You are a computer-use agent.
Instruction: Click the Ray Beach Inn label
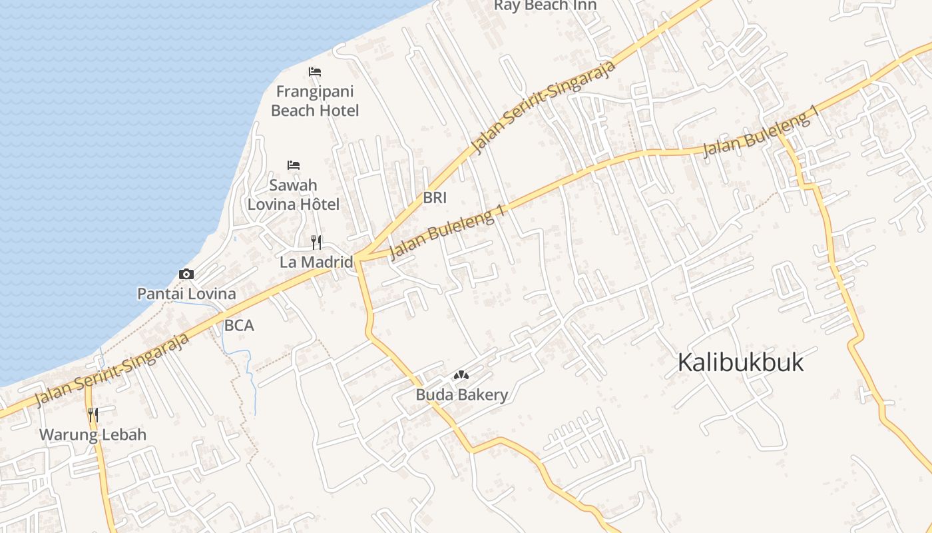[x=545, y=5]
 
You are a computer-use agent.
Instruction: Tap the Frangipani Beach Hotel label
[x=315, y=101]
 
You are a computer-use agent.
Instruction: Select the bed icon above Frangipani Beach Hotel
[x=315, y=71]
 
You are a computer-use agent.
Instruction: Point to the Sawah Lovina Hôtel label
[x=294, y=195]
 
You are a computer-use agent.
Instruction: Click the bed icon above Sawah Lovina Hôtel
[x=294, y=165]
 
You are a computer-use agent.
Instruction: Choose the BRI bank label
[x=435, y=198]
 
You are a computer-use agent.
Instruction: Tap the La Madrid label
[x=316, y=262]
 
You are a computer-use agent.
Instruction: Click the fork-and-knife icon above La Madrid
[x=316, y=242]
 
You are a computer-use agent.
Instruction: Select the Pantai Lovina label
[x=186, y=294]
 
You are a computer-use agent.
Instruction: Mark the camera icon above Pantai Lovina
[x=186, y=274]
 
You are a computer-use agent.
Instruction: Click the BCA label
[x=239, y=326]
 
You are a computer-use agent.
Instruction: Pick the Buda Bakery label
[x=461, y=395]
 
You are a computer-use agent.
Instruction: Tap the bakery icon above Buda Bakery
[x=461, y=376]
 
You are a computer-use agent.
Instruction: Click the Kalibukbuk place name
[x=740, y=362]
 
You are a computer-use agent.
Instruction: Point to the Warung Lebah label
[x=93, y=435]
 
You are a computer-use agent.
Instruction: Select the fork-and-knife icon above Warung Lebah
[x=93, y=415]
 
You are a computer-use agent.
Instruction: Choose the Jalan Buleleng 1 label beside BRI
[x=446, y=233]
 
